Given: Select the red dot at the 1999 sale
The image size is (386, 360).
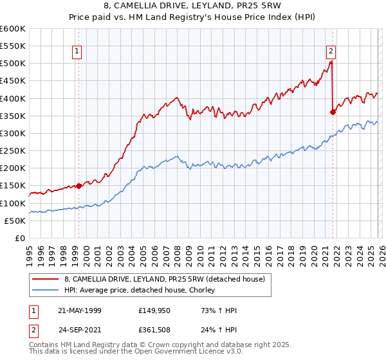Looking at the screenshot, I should coord(78,186).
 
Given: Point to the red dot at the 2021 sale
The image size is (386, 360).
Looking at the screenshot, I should coord(333,112).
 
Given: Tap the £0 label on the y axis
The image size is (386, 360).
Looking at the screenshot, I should coord(19,238).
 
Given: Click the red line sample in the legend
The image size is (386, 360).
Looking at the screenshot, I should coord(44,279).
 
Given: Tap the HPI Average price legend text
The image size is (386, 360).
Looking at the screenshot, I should coord(139,291).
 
